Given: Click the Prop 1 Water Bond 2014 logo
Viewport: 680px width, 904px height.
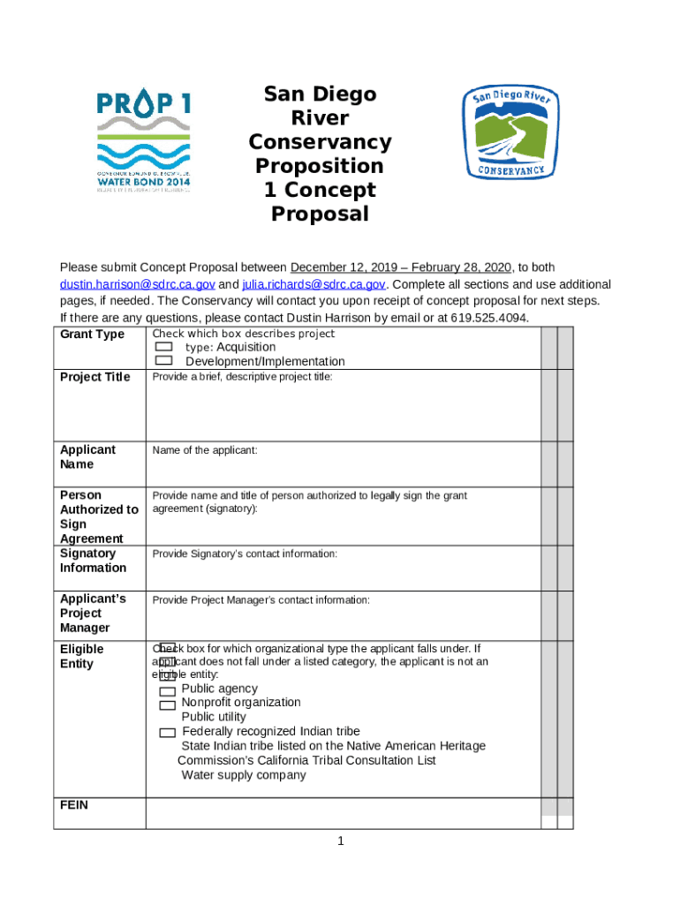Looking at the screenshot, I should click(x=143, y=141).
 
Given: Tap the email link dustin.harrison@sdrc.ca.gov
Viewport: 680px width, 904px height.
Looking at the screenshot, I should click(x=137, y=284).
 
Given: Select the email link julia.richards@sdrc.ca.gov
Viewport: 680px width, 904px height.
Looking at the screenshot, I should click(x=314, y=284).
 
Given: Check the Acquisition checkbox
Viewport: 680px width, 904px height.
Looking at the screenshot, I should click(x=163, y=348).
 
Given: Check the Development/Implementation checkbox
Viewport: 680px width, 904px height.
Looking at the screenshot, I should click(x=163, y=361).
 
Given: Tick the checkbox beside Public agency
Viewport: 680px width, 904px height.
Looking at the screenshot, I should click(x=167, y=691).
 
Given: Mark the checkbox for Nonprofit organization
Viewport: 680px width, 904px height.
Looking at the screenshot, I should click(x=167, y=705).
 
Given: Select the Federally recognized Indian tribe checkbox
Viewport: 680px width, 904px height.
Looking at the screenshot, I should click(x=167, y=734).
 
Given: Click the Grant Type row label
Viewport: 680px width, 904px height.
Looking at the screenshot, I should click(x=92, y=335).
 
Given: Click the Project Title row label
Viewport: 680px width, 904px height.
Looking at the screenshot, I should click(x=94, y=377).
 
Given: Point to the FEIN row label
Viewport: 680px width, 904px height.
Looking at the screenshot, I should click(x=73, y=805).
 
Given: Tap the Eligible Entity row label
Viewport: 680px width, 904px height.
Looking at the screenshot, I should click(x=81, y=656).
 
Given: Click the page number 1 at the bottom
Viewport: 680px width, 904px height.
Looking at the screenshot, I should click(x=340, y=841).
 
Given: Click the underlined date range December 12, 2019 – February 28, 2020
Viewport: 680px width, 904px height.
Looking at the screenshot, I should click(x=401, y=267).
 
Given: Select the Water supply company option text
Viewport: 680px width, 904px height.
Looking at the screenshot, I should click(x=244, y=775).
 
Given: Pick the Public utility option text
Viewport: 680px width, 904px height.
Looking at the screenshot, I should click(x=214, y=717).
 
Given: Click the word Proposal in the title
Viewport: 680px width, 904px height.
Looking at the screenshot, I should click(x=319, y=214).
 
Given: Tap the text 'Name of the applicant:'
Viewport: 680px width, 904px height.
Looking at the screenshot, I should click(x=205, y=450).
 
